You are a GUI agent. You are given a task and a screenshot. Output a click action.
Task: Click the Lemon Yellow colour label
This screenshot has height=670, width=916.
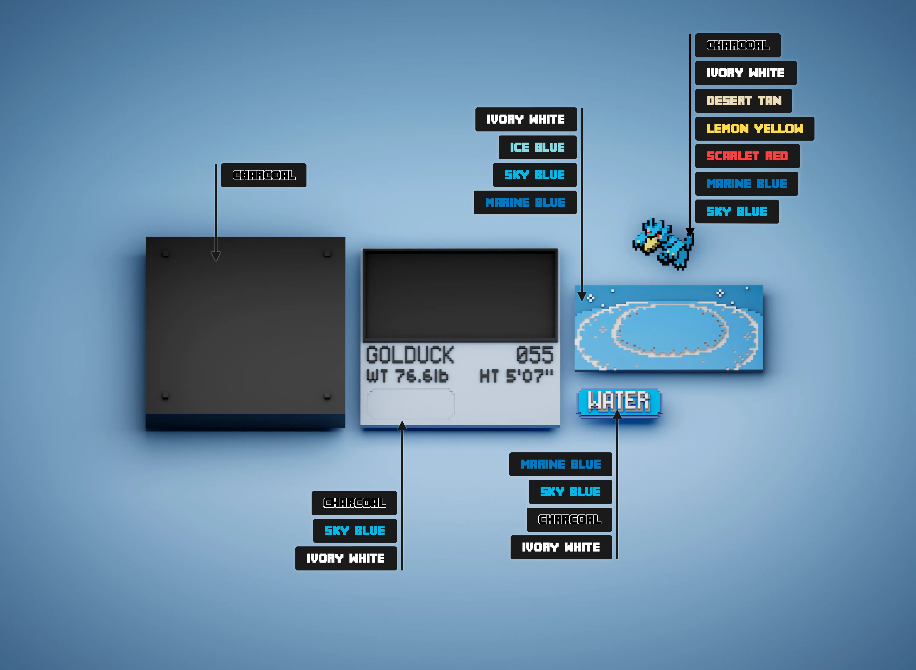click(754, 128)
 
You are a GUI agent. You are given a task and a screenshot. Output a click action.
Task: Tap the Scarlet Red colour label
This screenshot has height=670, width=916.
click(748, 156)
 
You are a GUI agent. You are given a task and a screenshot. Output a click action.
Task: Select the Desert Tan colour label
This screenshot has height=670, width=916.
click(744, 101)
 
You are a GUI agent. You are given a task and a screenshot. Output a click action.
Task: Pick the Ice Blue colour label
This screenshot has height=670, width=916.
click(537, 147)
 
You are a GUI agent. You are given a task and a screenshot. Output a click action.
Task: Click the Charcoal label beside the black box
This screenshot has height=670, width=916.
click(264, 175)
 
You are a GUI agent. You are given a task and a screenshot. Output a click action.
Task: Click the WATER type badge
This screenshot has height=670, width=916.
click(619, 402)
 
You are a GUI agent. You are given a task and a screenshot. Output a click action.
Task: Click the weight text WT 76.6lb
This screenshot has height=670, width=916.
click(408, 376)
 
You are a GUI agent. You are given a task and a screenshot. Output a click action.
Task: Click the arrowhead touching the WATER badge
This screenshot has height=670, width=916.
click(617, 414)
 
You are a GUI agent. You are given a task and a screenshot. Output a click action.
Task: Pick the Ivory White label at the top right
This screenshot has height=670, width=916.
click(746, 73)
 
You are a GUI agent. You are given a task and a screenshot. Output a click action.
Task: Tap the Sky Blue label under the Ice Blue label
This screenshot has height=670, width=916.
click(534, 175)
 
